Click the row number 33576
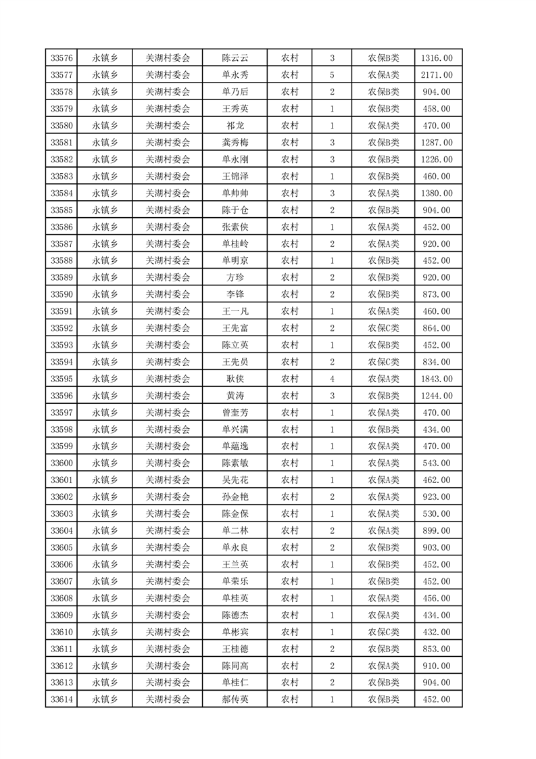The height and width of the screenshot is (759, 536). pos(62,58)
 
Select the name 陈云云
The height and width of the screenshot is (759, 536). pos(235,58)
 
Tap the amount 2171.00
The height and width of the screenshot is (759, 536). pos(437,75)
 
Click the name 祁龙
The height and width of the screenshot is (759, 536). pos(235,126)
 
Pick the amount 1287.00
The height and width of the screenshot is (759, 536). pos(437,143)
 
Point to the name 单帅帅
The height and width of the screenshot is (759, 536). pos(235,193)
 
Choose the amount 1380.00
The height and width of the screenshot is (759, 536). pos(437,193)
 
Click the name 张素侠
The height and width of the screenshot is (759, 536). pos(235,227)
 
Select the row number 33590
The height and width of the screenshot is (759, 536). pos(62,294)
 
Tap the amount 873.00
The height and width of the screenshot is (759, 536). pos(437,294)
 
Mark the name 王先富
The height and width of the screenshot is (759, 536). pos(235,328)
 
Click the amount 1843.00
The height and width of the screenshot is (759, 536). pos(437,379)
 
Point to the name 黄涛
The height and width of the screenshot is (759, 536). pos(235,396)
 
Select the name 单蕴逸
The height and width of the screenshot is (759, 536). pos(235,446)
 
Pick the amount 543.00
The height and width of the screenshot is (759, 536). pos(437,463)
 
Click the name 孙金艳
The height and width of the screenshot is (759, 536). pos(235,497)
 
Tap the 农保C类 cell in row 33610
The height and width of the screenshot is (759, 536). pos(383,632)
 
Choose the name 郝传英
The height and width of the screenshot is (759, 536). pos(235,699)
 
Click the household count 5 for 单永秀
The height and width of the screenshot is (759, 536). pos(332,75)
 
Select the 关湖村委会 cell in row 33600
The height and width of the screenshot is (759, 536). pos(168,463)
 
